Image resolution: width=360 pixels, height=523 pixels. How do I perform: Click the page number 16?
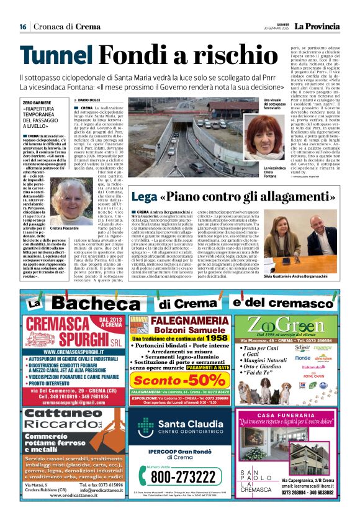(22, 26)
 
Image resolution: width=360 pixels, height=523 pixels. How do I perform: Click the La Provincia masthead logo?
(317, 26)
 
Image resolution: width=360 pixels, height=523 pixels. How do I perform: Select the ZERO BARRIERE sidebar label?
(36, 101)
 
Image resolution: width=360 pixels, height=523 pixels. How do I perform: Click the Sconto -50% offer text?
(178, 380)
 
